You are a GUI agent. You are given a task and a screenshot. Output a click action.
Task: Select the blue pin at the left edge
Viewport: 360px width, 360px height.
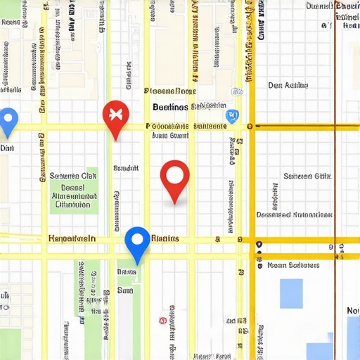pos(7,120)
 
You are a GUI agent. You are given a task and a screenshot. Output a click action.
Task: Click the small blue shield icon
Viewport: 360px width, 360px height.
pos(230,116)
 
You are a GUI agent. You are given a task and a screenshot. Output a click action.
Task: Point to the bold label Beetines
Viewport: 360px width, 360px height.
pos(170,107)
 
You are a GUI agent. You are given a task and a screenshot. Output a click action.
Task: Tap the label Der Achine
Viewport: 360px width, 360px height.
pos(288,85)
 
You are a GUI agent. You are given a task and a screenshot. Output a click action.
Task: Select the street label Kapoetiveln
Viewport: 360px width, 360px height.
pos(71,239)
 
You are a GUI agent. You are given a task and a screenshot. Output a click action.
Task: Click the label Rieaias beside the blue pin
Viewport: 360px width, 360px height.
pos(165,239)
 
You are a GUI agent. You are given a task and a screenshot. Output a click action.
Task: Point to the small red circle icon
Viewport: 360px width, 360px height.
pos(162,320)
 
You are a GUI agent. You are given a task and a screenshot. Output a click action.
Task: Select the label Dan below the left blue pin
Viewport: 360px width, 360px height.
pos(7,148)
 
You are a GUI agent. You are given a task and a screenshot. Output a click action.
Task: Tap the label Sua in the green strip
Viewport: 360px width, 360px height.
pos(124,290)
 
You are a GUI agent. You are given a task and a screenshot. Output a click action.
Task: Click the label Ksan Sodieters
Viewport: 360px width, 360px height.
pos(293,266)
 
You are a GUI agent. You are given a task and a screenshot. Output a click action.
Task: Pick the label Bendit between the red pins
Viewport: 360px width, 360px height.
pos(126,169)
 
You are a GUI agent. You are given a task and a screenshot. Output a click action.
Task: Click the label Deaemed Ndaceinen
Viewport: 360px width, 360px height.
pos(293,214)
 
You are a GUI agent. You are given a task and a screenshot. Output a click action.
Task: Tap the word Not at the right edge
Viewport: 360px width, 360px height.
pos(352,311)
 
